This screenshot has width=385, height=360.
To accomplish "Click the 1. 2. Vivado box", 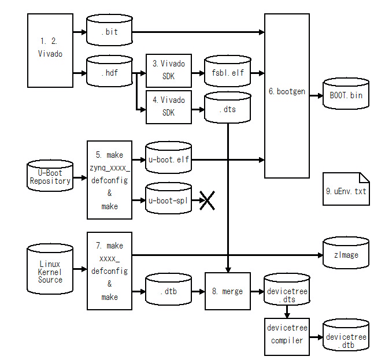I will (51, 50).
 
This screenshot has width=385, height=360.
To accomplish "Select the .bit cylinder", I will (109, 31).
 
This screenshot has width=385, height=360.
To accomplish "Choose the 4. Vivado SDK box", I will (169, 106).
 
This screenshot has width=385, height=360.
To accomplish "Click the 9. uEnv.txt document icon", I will (346, 189).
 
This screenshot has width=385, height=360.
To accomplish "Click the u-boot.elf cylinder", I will (168, 158).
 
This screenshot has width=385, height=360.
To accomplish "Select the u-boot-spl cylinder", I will (168, 200).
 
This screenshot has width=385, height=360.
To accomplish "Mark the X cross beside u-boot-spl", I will (207, 200).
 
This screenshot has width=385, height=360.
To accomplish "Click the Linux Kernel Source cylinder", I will (50, 268).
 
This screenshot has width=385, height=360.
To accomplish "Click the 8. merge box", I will (227, 291).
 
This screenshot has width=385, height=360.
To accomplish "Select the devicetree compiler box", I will (287, 334).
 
